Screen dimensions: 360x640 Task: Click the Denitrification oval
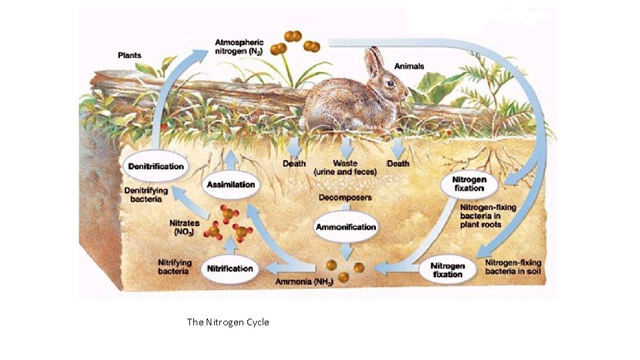tap(155, 166)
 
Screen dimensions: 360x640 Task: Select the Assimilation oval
tap(231, 184)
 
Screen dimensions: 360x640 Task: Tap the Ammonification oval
tap(345, 227)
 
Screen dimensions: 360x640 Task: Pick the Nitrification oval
tap(230, 268)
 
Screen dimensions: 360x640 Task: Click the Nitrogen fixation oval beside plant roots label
tap(469, 184)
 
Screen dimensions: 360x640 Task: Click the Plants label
tap(129, 55)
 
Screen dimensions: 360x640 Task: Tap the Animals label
tap(409, 66)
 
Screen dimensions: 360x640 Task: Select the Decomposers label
tap(345, 197)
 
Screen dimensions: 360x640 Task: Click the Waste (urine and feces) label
tap(345, 167)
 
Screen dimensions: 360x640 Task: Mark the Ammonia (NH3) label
tap(303, 283)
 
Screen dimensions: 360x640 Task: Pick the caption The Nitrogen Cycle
tap(228, 322)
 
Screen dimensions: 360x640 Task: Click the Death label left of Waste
tap(294, 163)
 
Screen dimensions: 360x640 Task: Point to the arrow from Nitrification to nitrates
tap(230, 246)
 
